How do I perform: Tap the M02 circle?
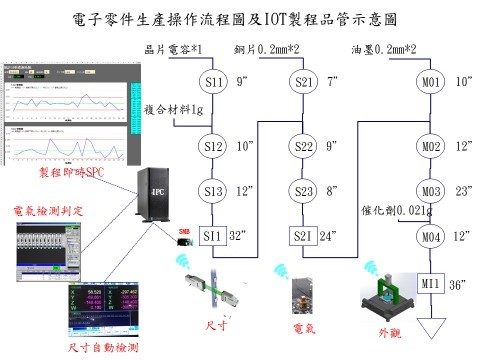pyautogui.click(x=432, y=147)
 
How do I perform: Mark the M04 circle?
pyautogui.click(x=432, y=236)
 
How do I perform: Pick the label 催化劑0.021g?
pyautogui.click(x=396, y=211)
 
